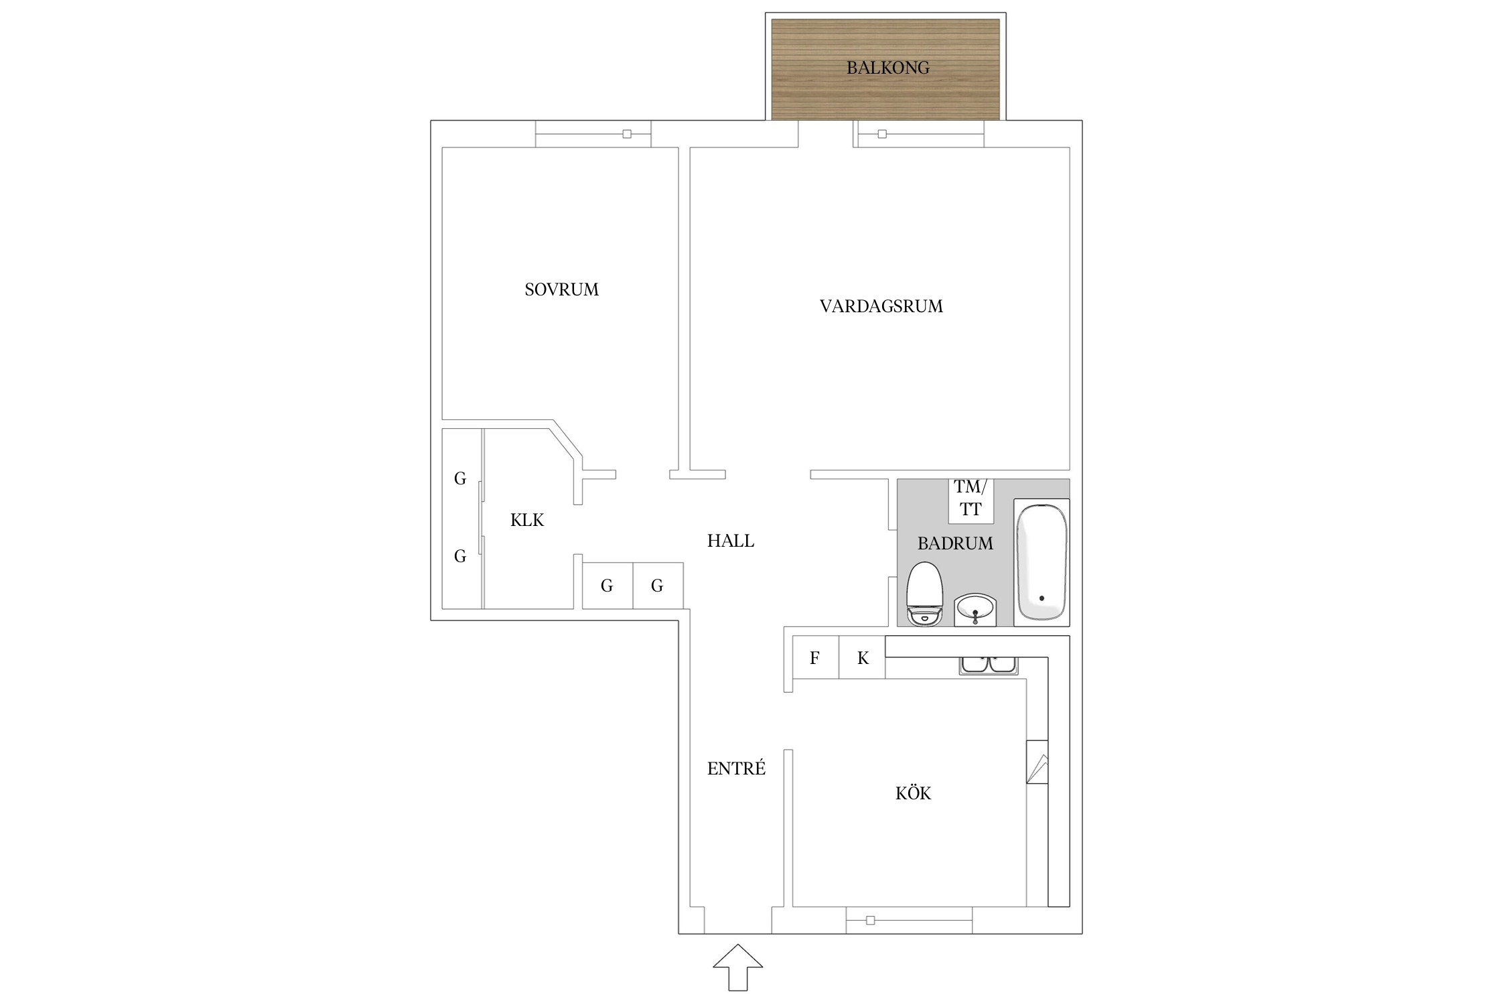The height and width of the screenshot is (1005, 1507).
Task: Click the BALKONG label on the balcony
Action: [x=887, y=68]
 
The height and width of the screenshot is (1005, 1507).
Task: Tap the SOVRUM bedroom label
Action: [x=561, y=289]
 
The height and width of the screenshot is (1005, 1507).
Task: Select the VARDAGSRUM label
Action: [x=881, y=306]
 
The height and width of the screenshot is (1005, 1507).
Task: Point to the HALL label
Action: [x=731, y=541]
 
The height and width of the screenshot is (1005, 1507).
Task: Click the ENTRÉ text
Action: [x=736, y=768]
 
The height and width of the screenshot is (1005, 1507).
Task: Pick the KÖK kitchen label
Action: [x=913, y=793]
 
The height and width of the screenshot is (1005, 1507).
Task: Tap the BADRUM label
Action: [x=955, y=543]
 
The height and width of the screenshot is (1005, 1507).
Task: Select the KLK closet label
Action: [x=527, y=520]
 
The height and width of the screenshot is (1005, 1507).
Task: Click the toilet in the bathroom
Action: [x=924, y=594]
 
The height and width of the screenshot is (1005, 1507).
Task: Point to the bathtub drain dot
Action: [x=1042, y=598]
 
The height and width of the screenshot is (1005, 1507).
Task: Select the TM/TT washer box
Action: [x=971, y=500]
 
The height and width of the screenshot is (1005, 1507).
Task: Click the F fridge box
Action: [x=815, y=657]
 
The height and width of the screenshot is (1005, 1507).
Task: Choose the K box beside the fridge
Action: [x=863, y=657]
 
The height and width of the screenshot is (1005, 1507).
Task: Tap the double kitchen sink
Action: [x=989, y=665]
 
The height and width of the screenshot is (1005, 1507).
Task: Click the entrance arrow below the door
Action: [x=737, y=967]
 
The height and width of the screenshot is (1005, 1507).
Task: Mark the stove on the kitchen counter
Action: [x=1037, y=762]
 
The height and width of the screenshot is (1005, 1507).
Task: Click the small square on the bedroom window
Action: [x=627, y=134]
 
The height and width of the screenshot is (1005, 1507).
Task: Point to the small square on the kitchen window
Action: [x=870, y=921]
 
